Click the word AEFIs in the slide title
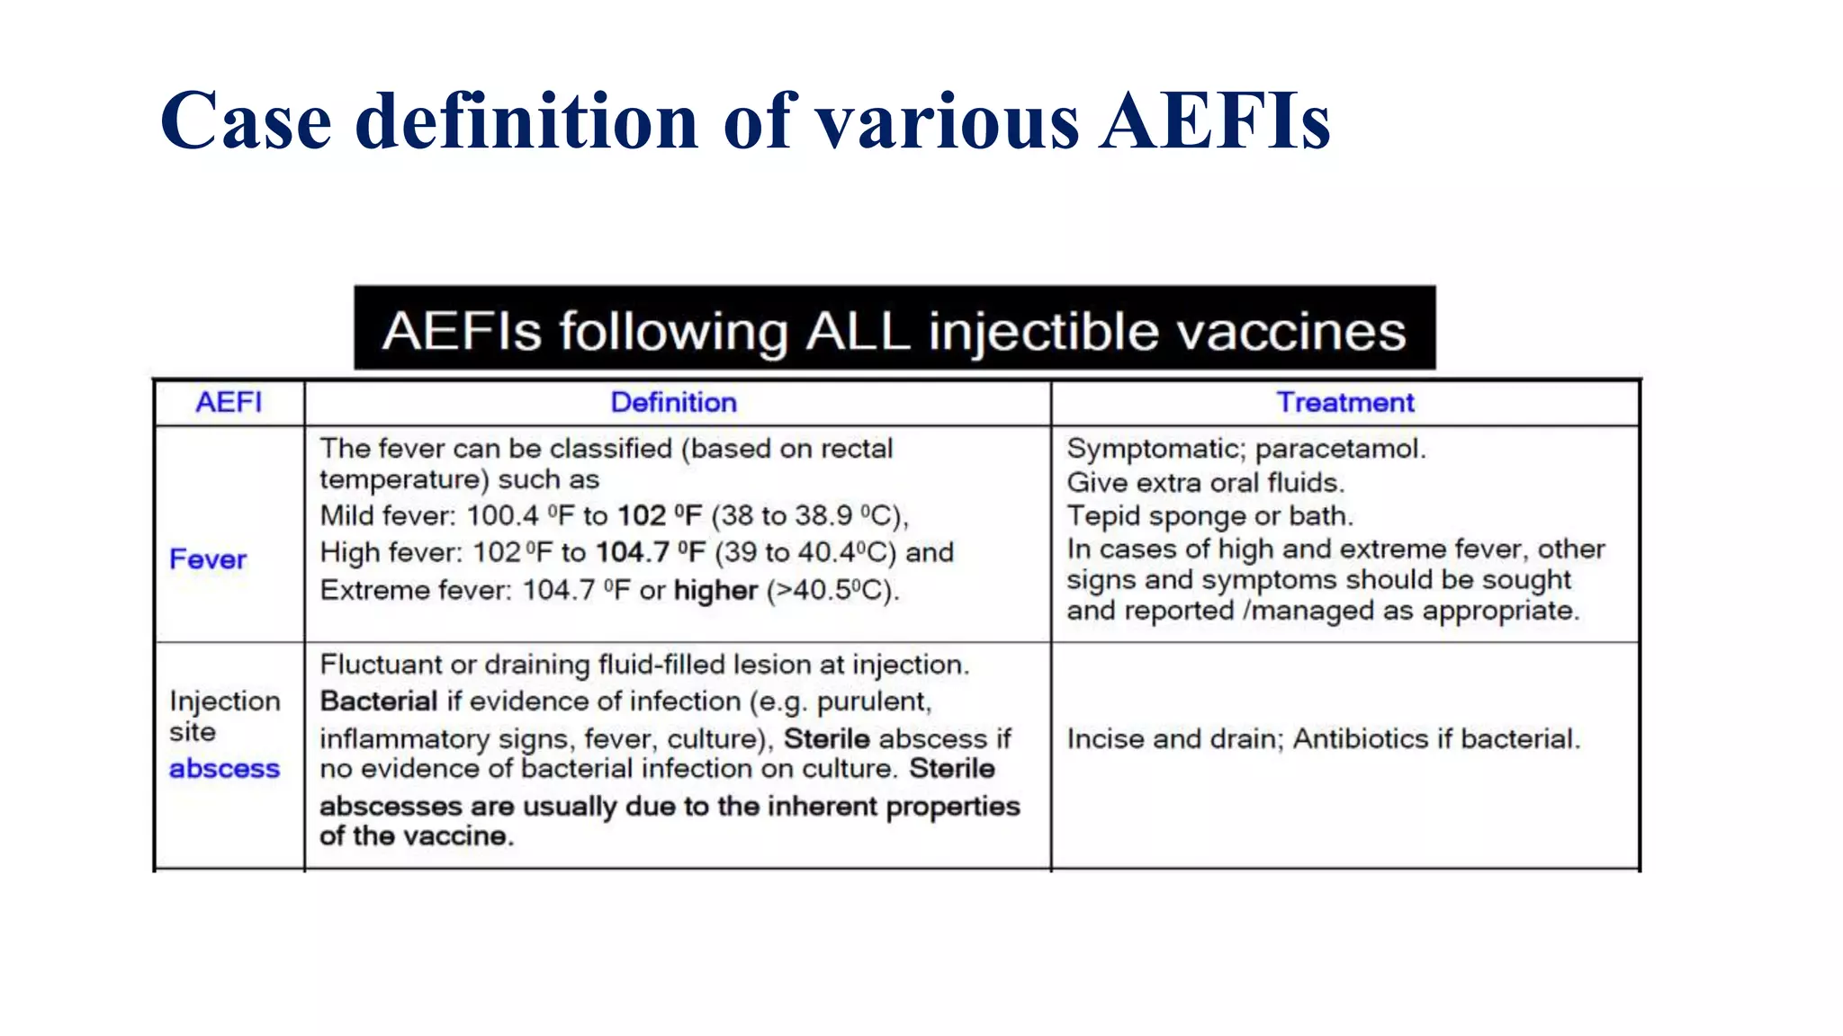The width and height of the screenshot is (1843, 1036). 1215,121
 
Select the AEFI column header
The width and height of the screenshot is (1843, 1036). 229,402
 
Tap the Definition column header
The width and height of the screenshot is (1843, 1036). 673,402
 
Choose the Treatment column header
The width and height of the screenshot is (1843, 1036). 1345,402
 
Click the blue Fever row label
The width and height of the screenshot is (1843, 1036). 208,559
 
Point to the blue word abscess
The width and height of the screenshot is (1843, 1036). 224,769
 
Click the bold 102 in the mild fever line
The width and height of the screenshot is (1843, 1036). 642,515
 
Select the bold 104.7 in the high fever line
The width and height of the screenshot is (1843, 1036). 632,552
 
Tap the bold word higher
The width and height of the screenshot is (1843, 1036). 715,590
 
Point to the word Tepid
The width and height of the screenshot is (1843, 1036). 1103,516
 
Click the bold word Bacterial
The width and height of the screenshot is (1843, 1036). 379,701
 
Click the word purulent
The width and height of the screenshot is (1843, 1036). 873,701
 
